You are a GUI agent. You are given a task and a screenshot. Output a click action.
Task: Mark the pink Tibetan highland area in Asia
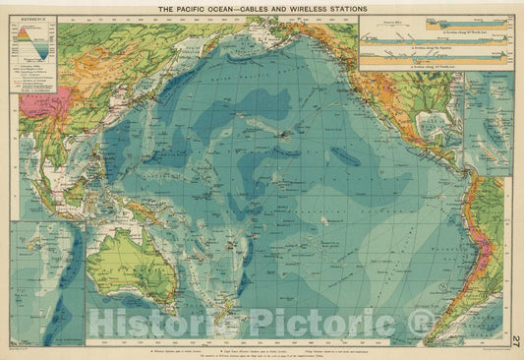tap(42, 99)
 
